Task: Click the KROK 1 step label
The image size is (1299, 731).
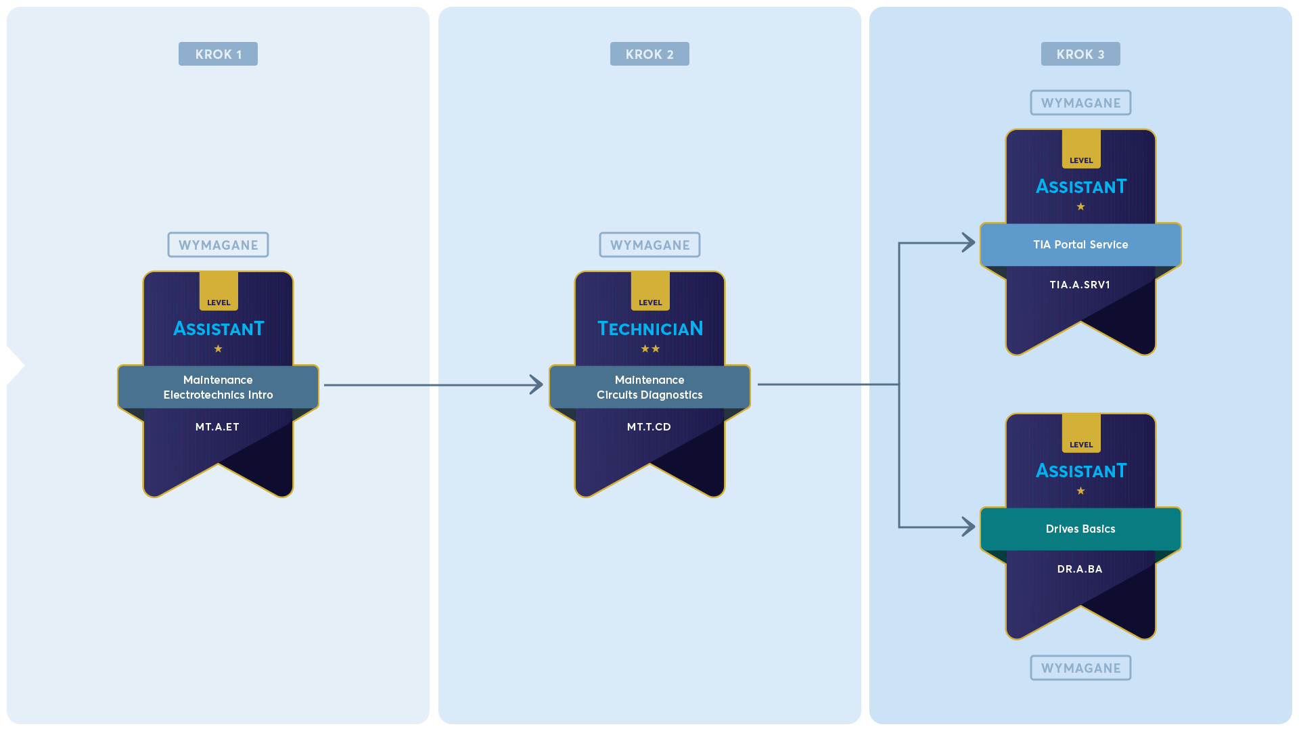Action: pyautogui.click(x=218, y=54)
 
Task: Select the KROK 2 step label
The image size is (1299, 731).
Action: pyautogui.click(x=649, y=54)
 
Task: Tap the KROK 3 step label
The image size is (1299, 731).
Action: pyautogui.click(x=1080, y=54)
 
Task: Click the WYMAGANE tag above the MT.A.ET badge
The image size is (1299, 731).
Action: pyautogui.click(x=218, y=245)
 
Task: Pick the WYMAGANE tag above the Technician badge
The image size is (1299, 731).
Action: pyautogui.click(x=649, y=245)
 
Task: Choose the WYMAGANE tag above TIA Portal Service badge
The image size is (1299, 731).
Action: pyautogui.click(x=1080, y=103)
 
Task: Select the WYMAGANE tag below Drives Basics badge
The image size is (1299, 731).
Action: pyautogui.click(x=1080, y=668)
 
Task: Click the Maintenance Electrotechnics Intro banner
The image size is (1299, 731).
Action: pyautogui.click(x=218, y=387)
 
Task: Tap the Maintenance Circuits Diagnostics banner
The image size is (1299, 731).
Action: pyautogui.click(x=649, y=387)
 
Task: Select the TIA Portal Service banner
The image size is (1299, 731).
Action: pyautogui.click(x=1080, y=245)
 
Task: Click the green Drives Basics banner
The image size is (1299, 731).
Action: pyautogui.click(x=1080, y=529)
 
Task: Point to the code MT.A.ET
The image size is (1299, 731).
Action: pyautogui.click(x=217, y=427)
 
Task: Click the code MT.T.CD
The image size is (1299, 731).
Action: pyautogui.click(x=649, y=427)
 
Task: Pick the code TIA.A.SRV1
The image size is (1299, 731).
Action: pyautogui.click(x=1080, y=285)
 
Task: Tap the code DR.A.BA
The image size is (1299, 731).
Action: pyautogui.click(x=1080, y=569)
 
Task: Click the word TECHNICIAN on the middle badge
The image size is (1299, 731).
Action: pyautogui.click(x=650, y=329)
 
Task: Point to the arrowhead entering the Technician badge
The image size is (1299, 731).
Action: pyautogui.click(x=537, y=384)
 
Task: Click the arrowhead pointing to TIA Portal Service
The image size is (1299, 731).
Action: pyautogui.click(x=969, y=242)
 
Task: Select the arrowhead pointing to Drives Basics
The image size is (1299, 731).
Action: pyautogui.click(x=969, y=527)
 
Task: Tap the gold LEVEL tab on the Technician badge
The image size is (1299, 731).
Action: pyautogui.click(x=650, y=291)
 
